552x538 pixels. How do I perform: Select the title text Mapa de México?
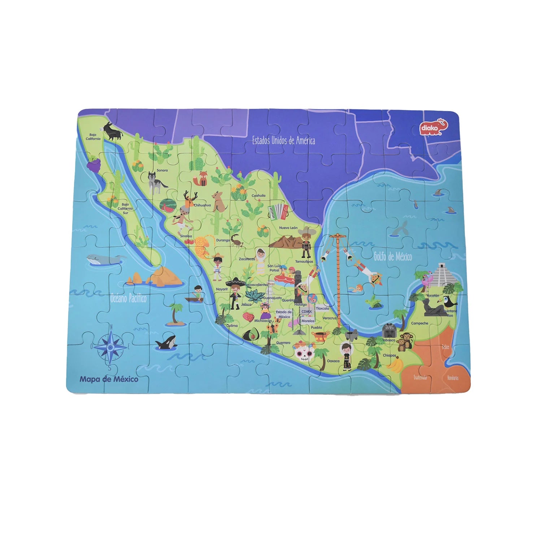coord(109,379)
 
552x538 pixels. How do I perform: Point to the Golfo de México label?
coord(392,256)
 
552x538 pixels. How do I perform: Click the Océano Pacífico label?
coord(128,298)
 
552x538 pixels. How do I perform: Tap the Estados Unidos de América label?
coord(283,140)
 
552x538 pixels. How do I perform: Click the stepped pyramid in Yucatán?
coord(442,275)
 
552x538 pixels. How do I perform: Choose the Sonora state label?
coord(162,170)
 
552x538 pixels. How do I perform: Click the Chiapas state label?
coord(389,355)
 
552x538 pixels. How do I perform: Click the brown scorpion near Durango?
coord(237,240)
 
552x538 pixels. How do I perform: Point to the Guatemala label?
coord(420,378)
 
